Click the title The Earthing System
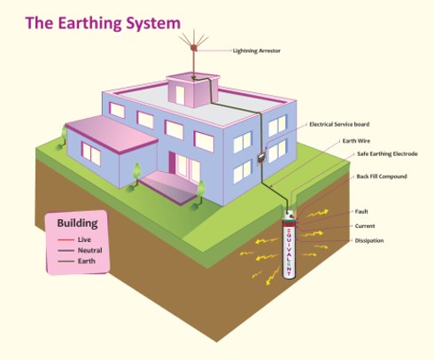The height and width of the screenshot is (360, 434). click(103, 23)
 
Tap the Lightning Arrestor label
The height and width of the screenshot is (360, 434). click(257, 51)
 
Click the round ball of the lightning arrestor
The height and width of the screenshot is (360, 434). click(194, 47)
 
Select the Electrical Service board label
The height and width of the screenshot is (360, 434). click(339, 124)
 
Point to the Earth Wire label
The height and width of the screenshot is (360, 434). click(356, 141)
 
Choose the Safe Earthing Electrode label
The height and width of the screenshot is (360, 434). click(387, 153)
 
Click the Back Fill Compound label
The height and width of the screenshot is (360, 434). click(382, 176)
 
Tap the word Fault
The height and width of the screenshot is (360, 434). click(361, 211)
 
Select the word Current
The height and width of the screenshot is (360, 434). click(365, 226)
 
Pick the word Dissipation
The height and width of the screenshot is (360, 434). click(369, 240)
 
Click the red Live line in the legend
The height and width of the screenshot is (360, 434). click(66, 239)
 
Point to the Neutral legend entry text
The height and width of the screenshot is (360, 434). click(90, 250)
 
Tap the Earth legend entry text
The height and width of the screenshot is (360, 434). click(87, 261)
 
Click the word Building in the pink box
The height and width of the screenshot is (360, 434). click(77, 223)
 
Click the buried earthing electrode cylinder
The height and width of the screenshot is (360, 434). click(289, 246)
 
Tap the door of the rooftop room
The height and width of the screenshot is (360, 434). click(180, 95)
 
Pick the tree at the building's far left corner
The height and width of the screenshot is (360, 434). click(64, 136)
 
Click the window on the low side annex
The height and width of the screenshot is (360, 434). click(91, 153)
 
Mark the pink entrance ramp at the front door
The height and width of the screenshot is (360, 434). click(169, 187)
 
